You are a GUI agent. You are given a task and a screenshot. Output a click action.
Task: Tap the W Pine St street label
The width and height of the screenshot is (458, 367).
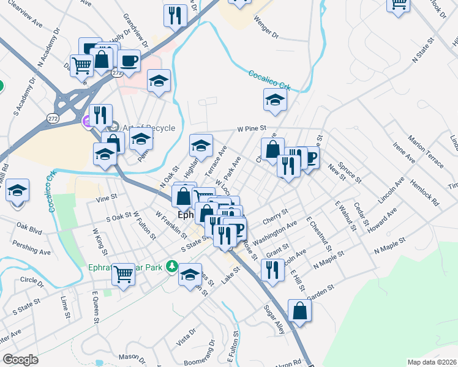pyautogui.click(x=252, y=129)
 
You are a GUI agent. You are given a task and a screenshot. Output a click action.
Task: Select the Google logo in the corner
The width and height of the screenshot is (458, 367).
pyautogui.click(x=20, y=360)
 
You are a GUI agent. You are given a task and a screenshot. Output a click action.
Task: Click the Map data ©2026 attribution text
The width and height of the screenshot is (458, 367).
pyautogui.click(x=432, y=362)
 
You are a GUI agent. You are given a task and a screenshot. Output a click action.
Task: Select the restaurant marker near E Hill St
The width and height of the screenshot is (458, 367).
pyautogui.click(x=272, y=269)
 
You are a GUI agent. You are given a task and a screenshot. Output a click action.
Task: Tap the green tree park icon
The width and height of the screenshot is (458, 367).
pyautogui.click(x=173, y=266)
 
